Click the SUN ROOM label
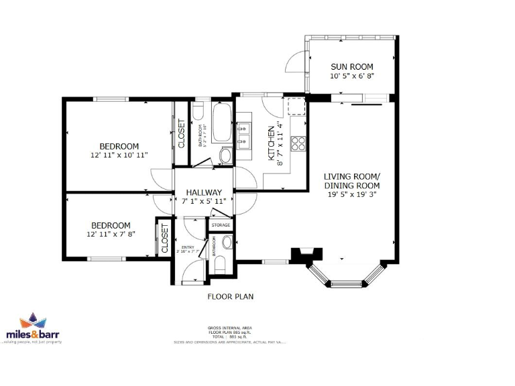[351, 66]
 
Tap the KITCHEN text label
[272, 143]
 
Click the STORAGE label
[221, 225]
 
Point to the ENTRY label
[188, 248]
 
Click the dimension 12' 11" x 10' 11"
[119, 155]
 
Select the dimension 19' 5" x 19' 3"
[351, 195]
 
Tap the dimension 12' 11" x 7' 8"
[111, 235]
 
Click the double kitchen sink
[244, 134]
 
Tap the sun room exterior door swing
[296, 62]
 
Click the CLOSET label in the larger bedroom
[181, 133]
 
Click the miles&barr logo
[33, 328]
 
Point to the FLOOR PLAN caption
[230, 296]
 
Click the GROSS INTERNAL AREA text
[230, 328]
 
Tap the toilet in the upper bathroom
[198, 111]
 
